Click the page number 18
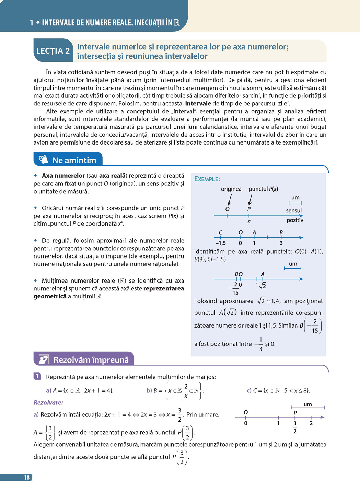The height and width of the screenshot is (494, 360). pyautogui.click(x=26, y=478)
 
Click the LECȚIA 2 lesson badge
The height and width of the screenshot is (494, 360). pyautogui.click(x=53, y=51)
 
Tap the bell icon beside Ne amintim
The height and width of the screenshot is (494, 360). pyautogui.click(x=43, y=160)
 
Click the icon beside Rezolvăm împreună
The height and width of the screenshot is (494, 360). pyautogui.click(x=44, y=359)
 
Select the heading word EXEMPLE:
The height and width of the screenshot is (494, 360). pyautogui.click(x=207, y=179)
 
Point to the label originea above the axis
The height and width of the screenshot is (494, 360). pyautogui.click(x=231, y=189)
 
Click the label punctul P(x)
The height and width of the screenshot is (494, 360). pyautogui.click(x=263, y=189)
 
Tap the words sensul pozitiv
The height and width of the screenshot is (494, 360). pyautogui.click(x=294, y=215)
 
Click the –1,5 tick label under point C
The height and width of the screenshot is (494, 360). pyautogui.click(x=220, y=243)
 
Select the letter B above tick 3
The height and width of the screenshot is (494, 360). pyautogui.click(x=281, y=232)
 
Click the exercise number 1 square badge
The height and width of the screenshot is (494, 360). pyautogui.click(x=37, y=376)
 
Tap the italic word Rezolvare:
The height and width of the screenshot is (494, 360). pyautogui.click(x=48, y=402)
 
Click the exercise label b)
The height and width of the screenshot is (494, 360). pyautogui.click(x=149, y=390)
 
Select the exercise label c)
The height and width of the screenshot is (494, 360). pyautogui.click(x=249, y=390)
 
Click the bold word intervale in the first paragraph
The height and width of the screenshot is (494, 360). pyautogui.click(x=198, y=103)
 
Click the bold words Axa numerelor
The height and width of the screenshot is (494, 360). pyautogui.click(x=63, y=176)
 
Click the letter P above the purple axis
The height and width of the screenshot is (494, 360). pyautogui.click(x=295, y=413)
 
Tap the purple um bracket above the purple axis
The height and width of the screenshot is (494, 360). pyautogui.click(x=308, y=407)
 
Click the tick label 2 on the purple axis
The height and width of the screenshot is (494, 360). pyautogui.click(x=311, y=423)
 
